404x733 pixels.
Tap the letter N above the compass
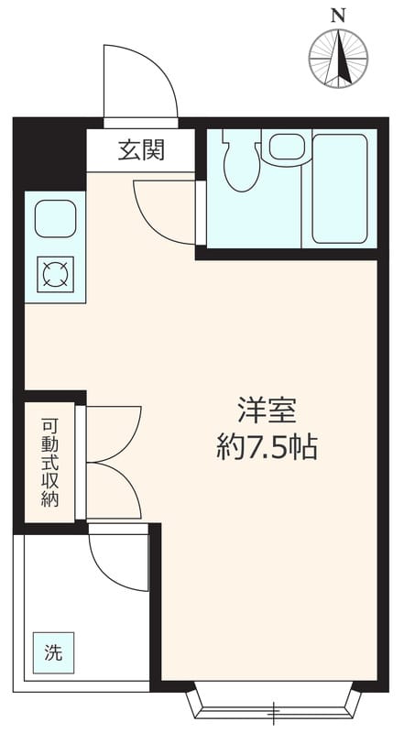[x=339, y=15]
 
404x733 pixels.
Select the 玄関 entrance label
[x=141, y=150]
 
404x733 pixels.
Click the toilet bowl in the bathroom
[x=242, y=164]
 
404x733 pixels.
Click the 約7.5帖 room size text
[x=268, y=448]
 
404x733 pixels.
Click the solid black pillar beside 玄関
[x=50, y=156]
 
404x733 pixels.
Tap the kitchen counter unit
[x=55, y=246]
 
